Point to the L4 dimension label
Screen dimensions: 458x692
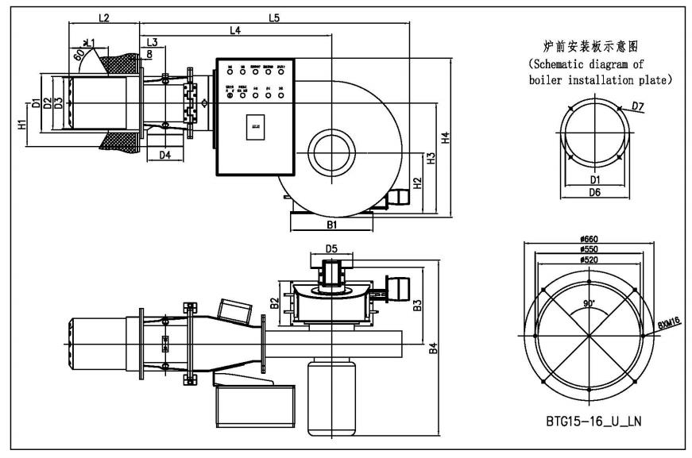(x=235, y=30)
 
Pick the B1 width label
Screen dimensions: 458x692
(x=333, y=225)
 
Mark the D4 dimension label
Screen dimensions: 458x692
(x=164, y=155)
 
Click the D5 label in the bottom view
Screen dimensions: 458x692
(x=331, y=249)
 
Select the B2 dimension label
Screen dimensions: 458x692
(x=274, y=302)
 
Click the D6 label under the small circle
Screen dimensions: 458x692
(x=594, y=192)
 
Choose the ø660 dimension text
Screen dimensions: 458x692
(x=589, y=237)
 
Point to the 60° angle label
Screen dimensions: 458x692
(x=79, y=56)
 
